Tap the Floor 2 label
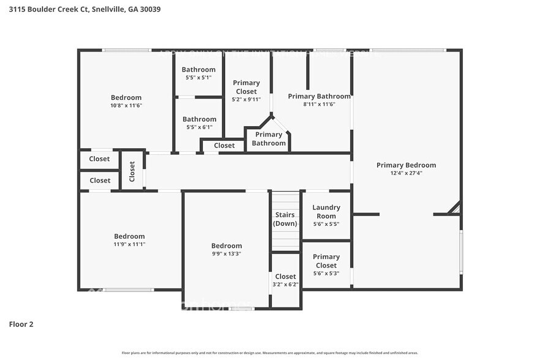coord(21,324)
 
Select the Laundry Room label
coord(326,212)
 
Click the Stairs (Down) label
coord(285,219)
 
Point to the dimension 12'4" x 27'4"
coord(406,173)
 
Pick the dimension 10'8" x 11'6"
coord(126,105)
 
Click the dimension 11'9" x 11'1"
coord(129,244)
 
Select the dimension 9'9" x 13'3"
coord(227,253)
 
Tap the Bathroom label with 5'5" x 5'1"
coord(198,70)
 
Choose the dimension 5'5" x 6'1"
coord(198,127)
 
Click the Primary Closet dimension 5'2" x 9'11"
coord(246,99)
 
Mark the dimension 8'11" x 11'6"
coord(319,104)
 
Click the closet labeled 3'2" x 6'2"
coord(285,285)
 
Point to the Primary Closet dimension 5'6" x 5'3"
coord(326,273)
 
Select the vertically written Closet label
coord(132,171)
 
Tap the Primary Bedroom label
coord(406,165)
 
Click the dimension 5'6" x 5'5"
coord(326,224)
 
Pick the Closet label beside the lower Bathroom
coord(224,146)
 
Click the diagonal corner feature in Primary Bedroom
coord(454,209)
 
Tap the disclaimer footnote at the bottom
coord(269,353)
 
